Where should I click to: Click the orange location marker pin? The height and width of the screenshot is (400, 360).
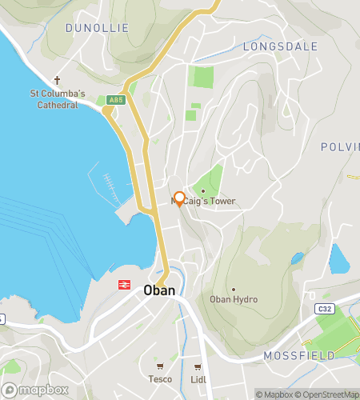tap(180, 199)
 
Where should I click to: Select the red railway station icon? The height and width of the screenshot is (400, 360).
tap(124, 284)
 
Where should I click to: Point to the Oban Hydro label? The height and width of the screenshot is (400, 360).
tap(234, 299)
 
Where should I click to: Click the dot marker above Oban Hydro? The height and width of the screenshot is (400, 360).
tap(234, 289)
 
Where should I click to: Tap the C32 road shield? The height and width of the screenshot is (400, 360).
tap(323, 309)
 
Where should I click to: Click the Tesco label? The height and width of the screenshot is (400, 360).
tap(160, 379)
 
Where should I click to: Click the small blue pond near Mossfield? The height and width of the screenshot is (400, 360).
tap(338, 258)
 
